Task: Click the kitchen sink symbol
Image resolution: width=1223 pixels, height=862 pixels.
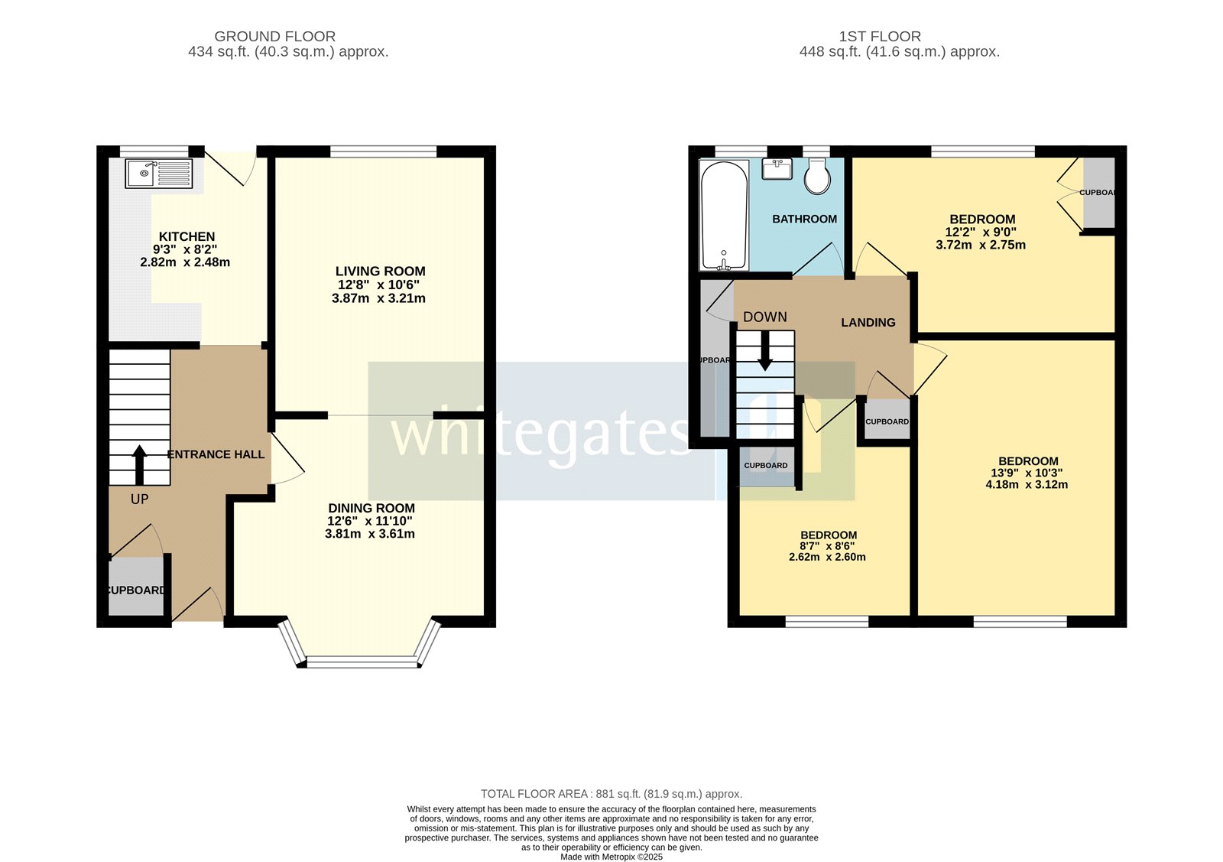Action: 159,174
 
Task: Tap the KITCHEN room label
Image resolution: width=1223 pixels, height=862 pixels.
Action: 187,237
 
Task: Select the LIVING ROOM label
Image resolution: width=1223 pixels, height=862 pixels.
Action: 380,272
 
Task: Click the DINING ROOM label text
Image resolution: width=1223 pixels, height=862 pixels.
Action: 371,509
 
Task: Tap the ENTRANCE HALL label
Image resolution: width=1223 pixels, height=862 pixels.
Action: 216,454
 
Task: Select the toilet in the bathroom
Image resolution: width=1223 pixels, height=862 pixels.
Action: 817,176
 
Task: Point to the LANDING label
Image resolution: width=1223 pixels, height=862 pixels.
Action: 868,323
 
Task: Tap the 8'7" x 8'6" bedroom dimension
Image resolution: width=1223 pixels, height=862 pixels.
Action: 827,546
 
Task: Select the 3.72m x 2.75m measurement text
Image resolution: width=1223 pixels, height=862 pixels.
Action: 981,246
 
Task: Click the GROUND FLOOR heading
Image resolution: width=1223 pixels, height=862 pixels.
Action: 274,36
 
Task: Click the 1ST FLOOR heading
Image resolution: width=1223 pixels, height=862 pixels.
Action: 880,36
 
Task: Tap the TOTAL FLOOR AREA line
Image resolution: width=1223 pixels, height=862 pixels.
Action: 611,794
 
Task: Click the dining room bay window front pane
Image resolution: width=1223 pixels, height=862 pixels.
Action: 362,662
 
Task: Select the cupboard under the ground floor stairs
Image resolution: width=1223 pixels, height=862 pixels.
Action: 136,586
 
